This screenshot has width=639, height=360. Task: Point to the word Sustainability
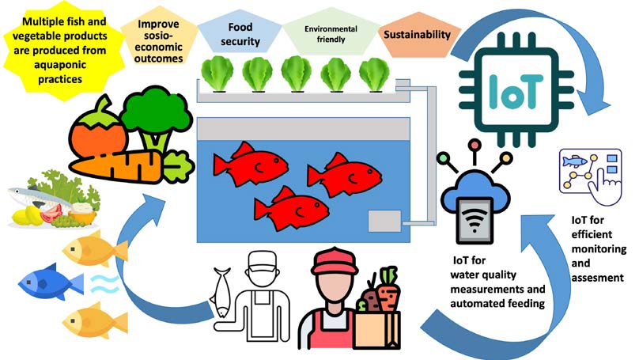pos(416,35)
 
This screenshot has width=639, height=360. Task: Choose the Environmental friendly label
pos(326,35)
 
